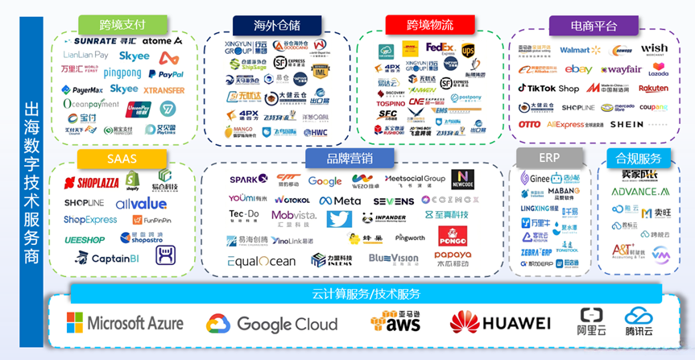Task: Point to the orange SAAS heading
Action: point(122,159)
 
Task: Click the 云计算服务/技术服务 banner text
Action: point(366,294)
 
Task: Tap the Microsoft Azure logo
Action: point(125,324)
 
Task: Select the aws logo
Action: point(396,322)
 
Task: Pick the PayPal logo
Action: point(165,74)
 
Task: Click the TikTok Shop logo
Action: point(548,89)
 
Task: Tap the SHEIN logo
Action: point(627,125)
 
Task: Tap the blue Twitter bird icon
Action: point(339,219)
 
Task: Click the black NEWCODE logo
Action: point(463,179)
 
